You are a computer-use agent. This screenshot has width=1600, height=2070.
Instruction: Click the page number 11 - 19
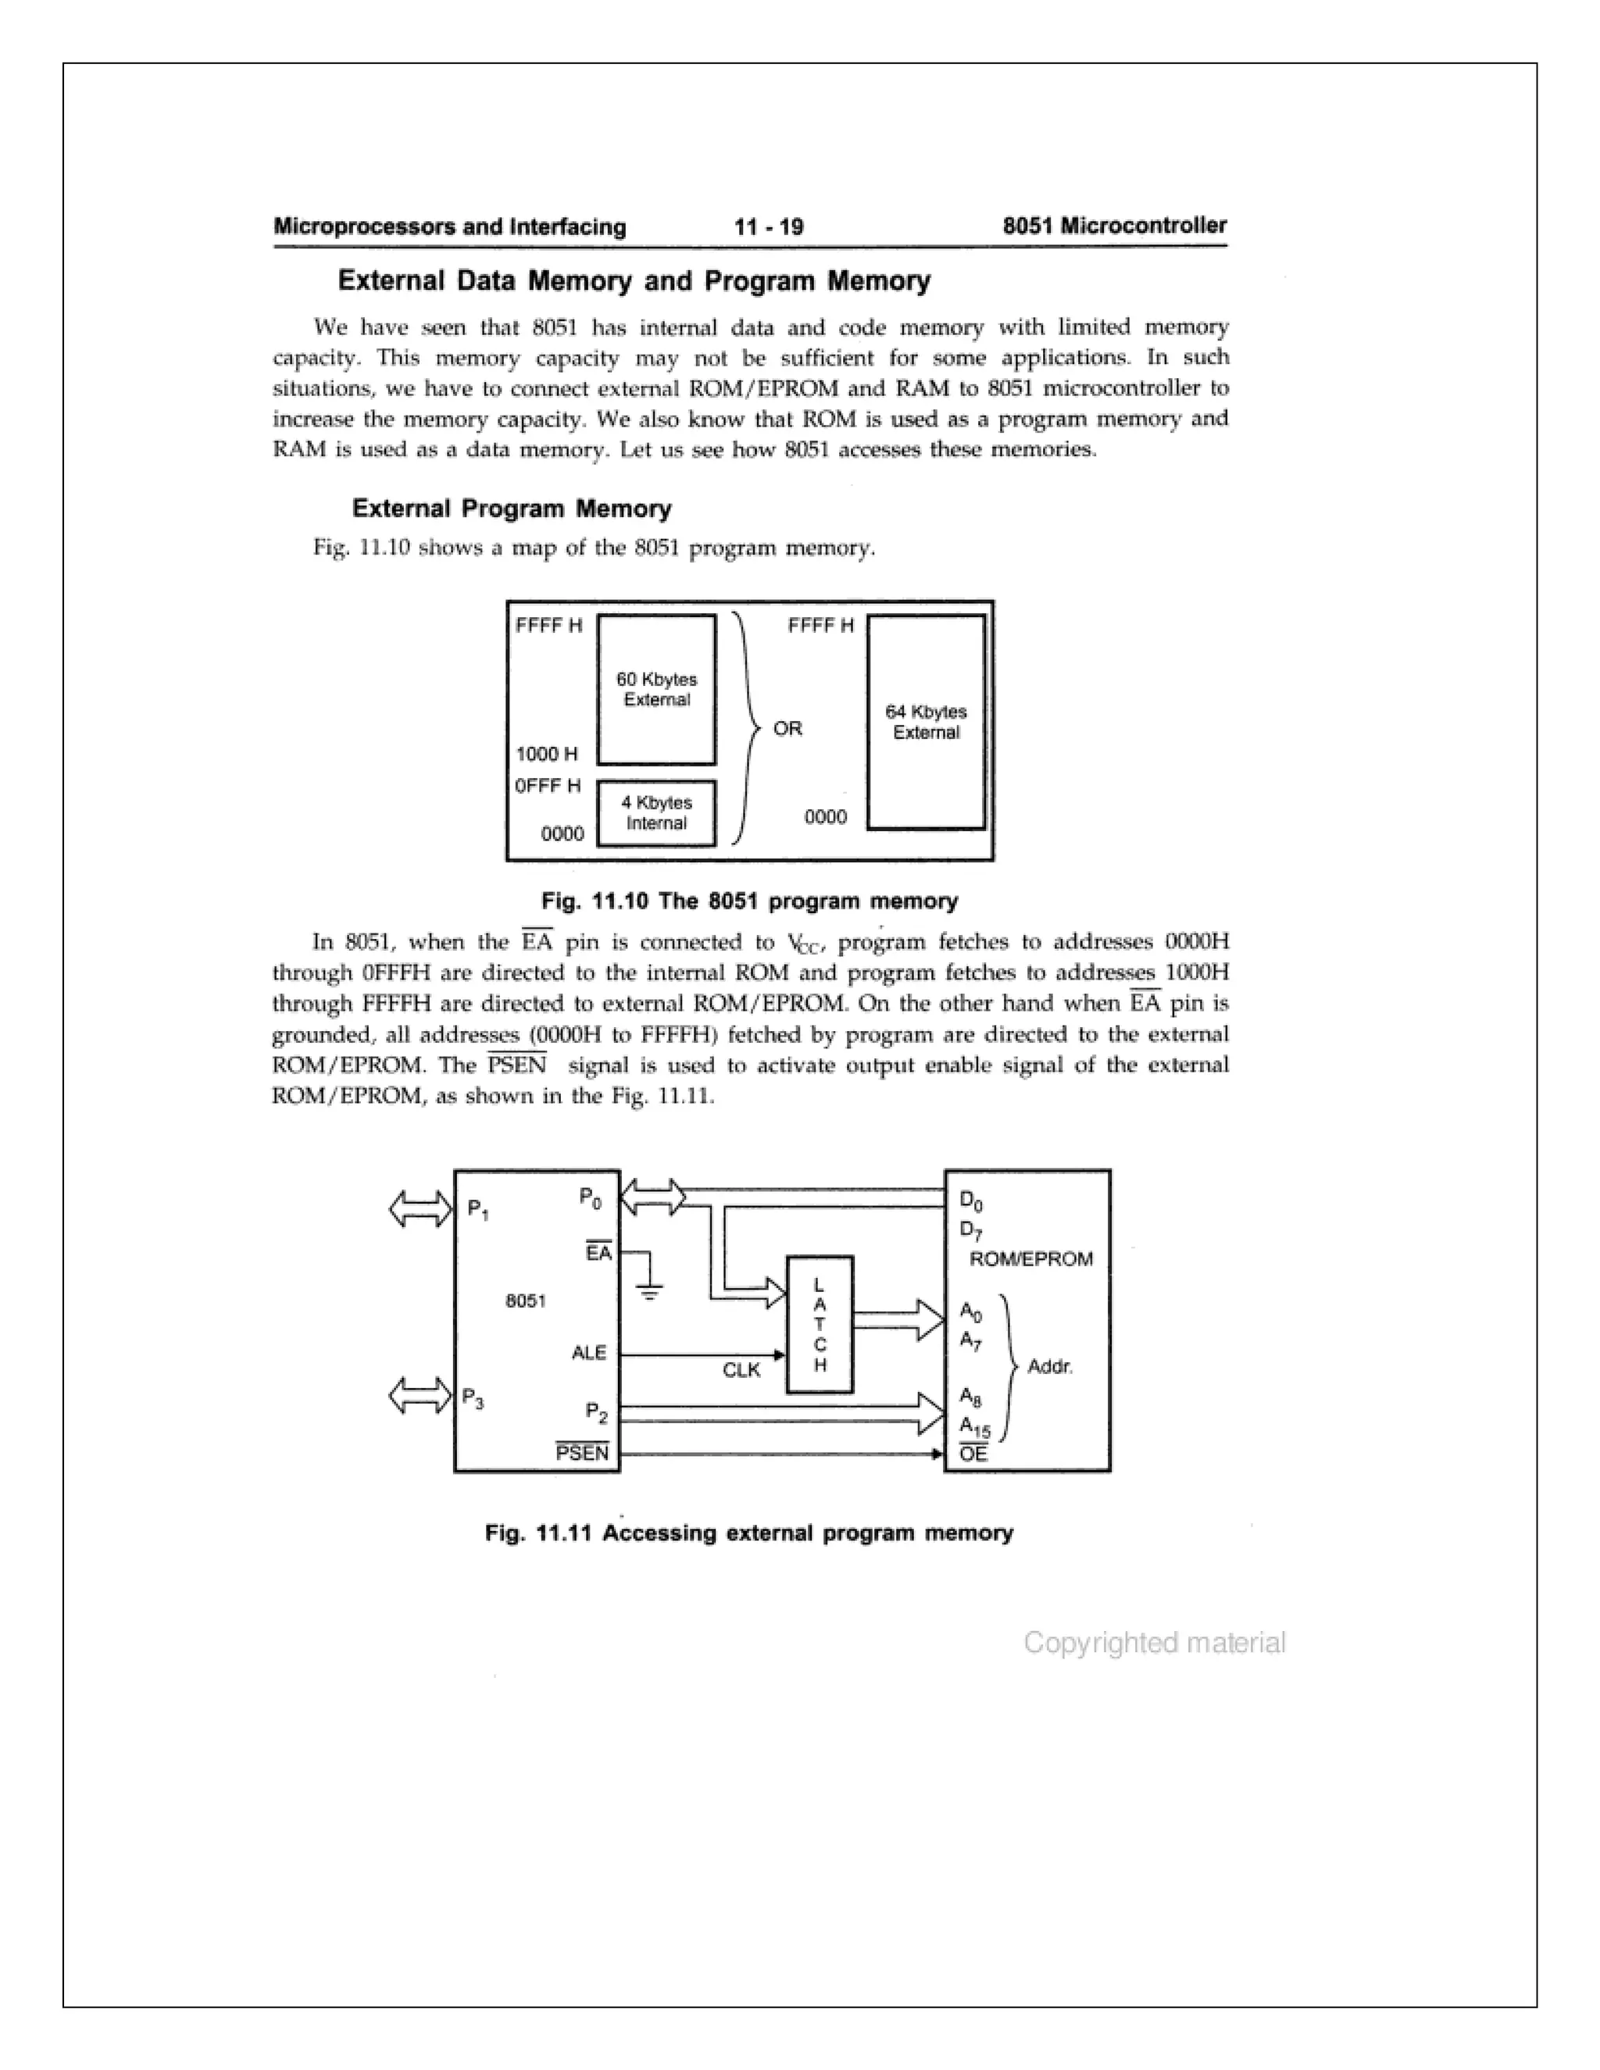769,227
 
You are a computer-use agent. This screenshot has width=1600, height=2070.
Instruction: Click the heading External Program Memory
511,509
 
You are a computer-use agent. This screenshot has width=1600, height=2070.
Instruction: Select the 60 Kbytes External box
656,689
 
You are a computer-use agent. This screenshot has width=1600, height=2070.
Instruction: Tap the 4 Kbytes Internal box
656,812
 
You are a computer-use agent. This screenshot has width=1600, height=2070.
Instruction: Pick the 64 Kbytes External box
926,723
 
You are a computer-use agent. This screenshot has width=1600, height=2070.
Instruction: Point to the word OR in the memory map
787,728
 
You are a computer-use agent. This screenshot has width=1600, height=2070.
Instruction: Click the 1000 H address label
546,754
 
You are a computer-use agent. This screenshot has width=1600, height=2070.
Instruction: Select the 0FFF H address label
548,786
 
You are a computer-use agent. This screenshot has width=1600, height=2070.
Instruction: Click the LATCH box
820,1324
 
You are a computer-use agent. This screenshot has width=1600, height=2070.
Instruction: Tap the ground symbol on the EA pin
650,1288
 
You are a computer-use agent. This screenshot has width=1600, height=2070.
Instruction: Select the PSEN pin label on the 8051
582,1453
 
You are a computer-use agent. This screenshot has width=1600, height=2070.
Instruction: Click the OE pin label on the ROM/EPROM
973,1454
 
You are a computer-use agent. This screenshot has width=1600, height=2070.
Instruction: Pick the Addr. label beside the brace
1050,1367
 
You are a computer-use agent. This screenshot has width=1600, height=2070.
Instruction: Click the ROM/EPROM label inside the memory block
1031,1258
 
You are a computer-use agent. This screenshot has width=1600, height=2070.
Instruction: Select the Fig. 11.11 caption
748,1533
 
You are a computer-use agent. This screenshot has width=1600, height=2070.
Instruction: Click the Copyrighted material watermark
1154,1643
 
